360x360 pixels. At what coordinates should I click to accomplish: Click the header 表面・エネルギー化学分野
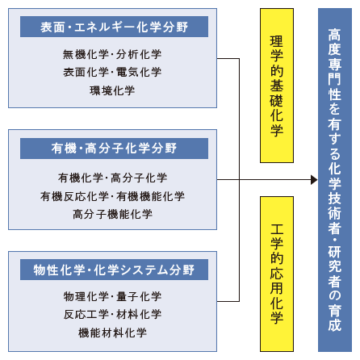114,27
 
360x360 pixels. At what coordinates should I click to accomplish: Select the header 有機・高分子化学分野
114,149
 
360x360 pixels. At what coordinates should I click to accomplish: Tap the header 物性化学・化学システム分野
114,270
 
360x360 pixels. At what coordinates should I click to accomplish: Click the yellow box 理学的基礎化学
277,86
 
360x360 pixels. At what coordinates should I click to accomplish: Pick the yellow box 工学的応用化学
277,274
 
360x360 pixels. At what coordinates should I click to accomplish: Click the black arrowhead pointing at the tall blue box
314,180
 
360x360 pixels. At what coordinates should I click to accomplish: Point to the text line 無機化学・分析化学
112,55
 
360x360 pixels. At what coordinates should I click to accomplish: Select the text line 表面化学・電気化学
112,73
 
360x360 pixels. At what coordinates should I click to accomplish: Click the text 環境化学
112,90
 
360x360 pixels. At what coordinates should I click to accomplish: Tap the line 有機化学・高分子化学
112,178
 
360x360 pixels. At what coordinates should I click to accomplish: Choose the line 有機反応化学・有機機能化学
112,196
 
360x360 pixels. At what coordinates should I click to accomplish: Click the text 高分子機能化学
112,215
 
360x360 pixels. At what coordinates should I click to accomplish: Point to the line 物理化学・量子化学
112,296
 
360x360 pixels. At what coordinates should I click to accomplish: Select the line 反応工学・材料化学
112,315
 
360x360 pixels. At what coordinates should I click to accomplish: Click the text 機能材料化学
112,333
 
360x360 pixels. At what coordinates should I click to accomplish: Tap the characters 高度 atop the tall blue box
335,42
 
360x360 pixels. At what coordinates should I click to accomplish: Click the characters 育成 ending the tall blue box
335,318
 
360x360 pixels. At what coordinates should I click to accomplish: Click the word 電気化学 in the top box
139,73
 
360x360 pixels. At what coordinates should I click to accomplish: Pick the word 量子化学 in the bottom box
139,296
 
